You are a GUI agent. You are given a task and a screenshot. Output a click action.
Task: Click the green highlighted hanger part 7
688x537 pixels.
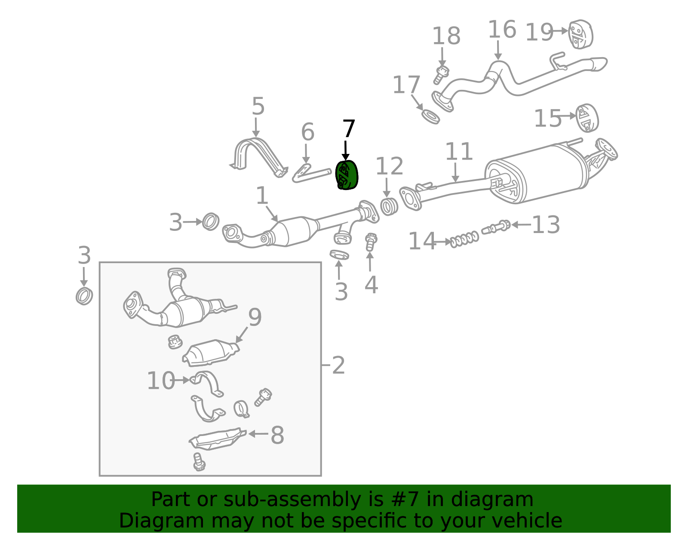click(x=347, y=175)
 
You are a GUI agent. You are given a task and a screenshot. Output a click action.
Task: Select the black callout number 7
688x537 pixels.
click(x=349, y=129)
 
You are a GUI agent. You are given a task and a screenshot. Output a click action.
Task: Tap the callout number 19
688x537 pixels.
click(x=539, y=32)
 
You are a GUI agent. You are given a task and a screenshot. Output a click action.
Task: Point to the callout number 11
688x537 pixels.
click(x=459, y=151)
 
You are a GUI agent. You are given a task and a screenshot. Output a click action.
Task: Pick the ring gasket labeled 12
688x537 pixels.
click(x=389, y=207)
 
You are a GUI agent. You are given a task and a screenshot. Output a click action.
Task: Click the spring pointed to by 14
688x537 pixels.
click(x=464, y=239)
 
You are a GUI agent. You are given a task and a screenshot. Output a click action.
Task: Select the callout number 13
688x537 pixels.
click(x=546, y=225)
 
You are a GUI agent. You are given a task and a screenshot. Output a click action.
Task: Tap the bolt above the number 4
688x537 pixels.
click(x=370, y=242)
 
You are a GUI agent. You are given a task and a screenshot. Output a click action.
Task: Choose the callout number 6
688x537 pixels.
click(x=307, y=132)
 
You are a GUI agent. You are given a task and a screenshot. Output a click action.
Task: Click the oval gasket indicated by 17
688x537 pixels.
click(x=430, y=117)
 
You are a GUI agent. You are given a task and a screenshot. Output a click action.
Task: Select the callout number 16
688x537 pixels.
click(x=502, y=29)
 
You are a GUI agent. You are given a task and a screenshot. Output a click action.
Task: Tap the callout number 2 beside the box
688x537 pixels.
click(x=338, y=366)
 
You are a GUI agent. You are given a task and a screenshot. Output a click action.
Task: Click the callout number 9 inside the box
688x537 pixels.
click(x=255, y=317)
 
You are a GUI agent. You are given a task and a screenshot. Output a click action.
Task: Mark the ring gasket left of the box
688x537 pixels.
click(x=84, y=296)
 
